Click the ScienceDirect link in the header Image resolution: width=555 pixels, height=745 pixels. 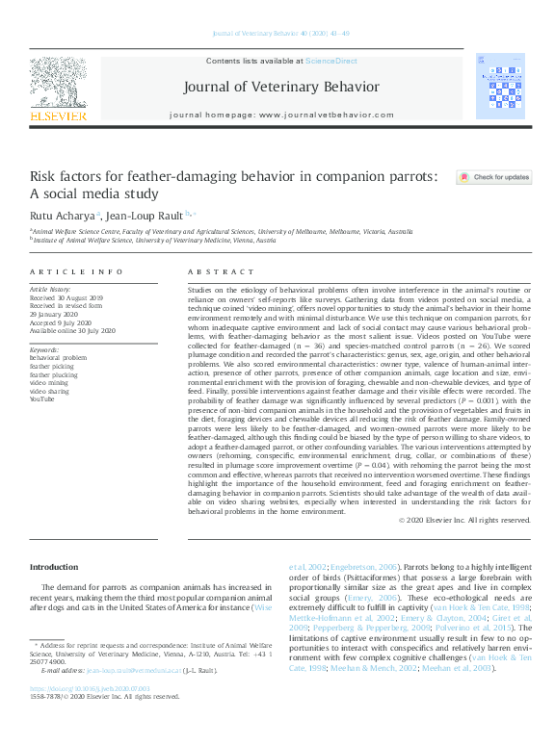tap(330, 61)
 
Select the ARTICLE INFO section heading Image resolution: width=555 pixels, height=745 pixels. tap(77, 272)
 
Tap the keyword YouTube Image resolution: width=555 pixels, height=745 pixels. tap(43, 398)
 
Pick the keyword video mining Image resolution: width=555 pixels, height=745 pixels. tap(50, 383)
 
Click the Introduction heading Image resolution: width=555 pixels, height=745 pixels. tap(54, 567)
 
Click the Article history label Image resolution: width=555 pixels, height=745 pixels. tap(50, 289)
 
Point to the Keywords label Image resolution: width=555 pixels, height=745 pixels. tap(45, 350)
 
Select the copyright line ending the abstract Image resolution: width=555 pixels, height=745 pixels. tap(464, 520)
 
